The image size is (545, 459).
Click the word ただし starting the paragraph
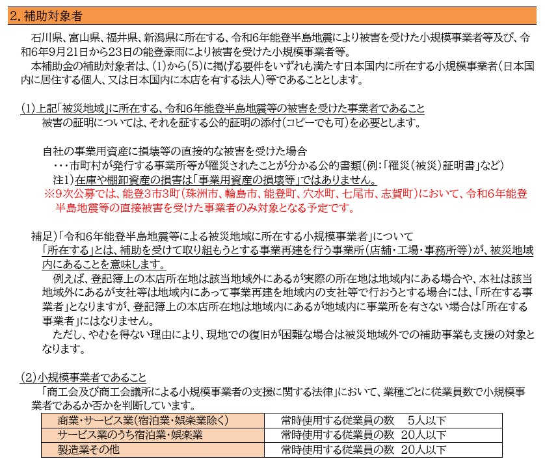point(70,335)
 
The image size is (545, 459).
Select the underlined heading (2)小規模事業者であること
point(83,377)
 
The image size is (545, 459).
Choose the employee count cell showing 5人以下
point(427,420)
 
